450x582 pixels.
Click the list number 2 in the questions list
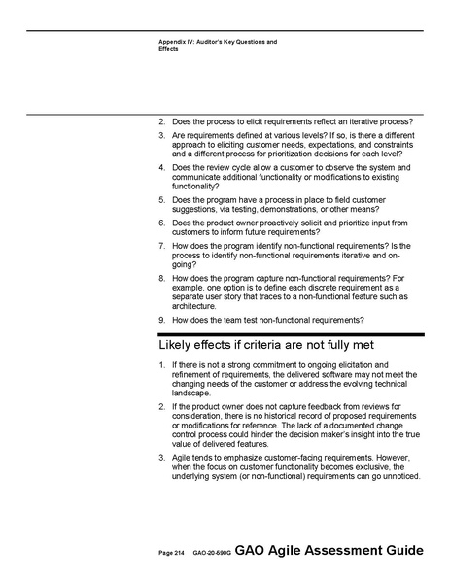click(x=161, y=121)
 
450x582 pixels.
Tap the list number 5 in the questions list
click(x=161, y=200)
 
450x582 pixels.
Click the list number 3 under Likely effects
click(x=161, y=458)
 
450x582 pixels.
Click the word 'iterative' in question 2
click(x=352, y=121)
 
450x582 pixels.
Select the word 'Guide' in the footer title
click(x=403, y=551)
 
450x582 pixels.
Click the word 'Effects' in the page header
click(x=169, y=48)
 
